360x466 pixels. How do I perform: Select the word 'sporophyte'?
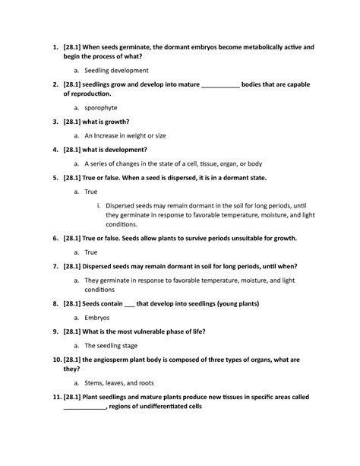click(x=100, y=108)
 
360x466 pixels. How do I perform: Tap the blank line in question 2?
click(x=220, y=85)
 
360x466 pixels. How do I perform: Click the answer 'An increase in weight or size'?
click(x=125, y=135)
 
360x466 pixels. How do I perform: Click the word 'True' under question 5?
click(x=91, y=192)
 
